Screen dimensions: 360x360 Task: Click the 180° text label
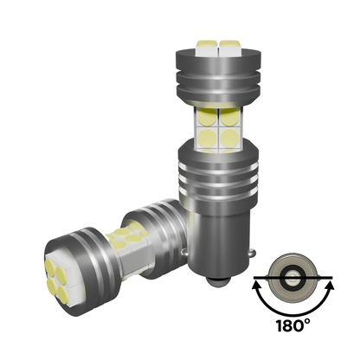tap(293, 325)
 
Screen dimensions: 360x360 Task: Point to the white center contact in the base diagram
tap(292, 278)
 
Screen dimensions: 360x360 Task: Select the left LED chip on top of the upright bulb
tap(207, 48)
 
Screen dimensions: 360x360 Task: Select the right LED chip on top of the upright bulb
tap(229, 48)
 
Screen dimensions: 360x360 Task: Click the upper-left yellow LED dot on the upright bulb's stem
tap(208, 117)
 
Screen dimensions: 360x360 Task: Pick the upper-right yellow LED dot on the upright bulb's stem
tap(229, 117)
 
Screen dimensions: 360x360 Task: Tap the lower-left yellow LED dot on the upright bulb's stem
tap(208, 138)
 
